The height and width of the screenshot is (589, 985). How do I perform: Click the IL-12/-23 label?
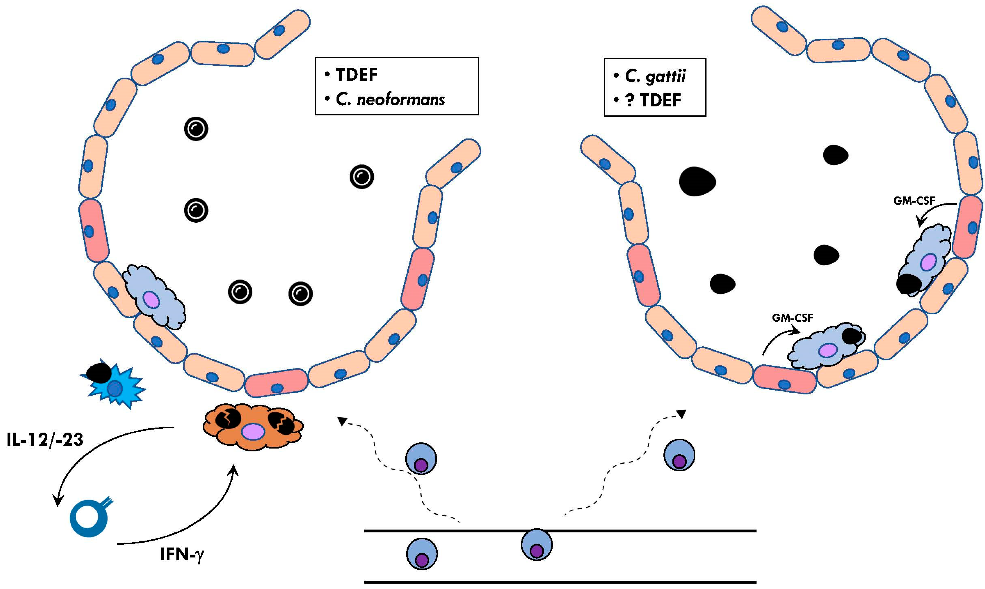point(45,440)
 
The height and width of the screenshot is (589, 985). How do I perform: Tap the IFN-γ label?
point(182,554)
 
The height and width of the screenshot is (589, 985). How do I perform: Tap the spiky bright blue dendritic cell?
point(115,385)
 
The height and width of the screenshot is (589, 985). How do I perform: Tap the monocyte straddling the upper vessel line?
point(537,545)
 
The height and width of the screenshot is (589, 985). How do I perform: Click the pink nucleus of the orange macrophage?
point(253,432)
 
